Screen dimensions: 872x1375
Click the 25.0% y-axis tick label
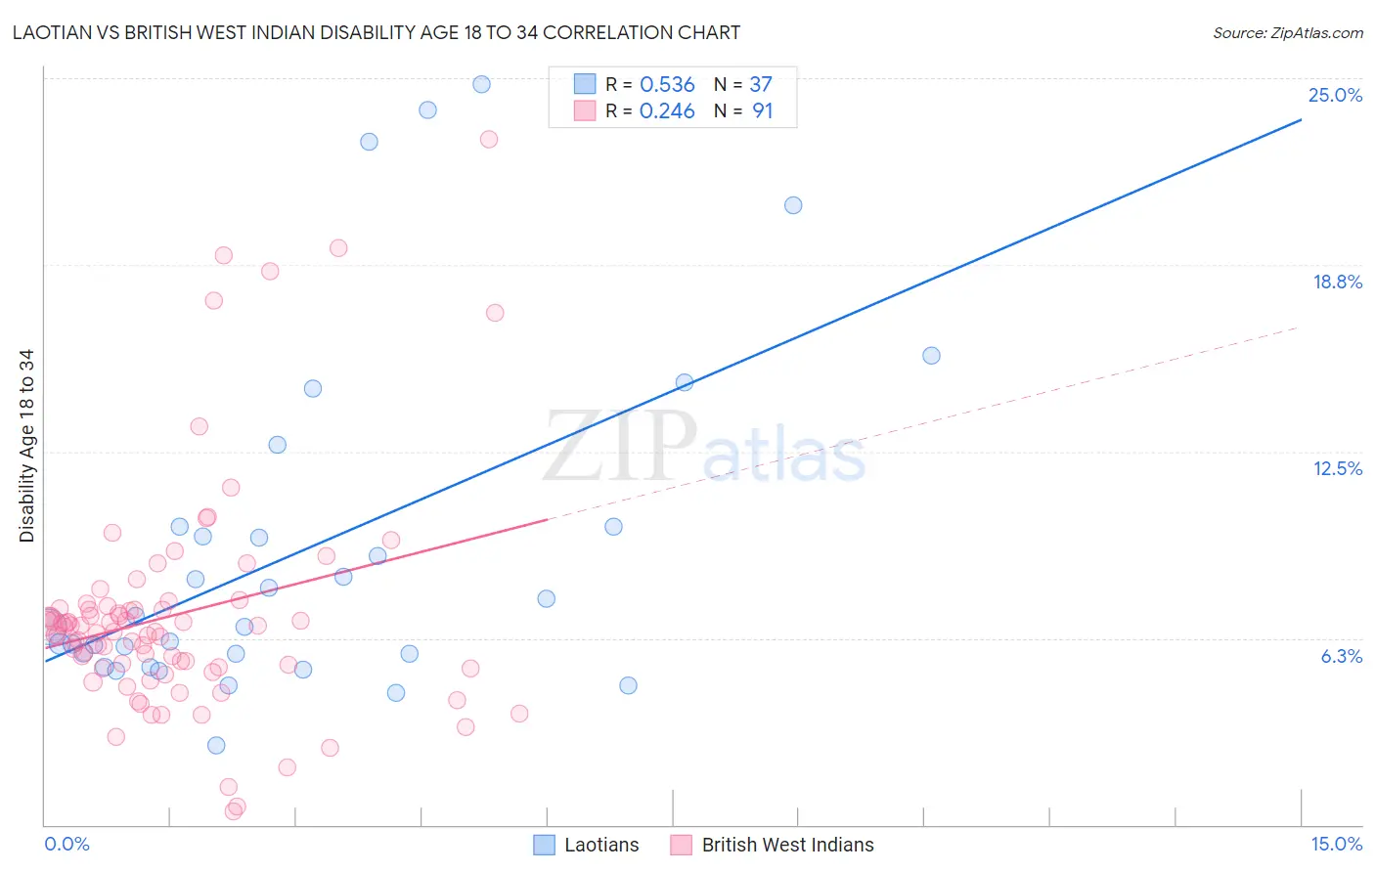1335,95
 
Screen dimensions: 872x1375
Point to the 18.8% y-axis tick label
1337,282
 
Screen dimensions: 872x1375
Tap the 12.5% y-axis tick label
1337,468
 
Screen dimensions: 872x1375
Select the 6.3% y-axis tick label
1341,656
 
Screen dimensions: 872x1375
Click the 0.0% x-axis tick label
67,844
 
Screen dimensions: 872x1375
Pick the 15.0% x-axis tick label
1336,844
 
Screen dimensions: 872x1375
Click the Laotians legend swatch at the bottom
545,845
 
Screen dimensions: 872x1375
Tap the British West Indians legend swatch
682,845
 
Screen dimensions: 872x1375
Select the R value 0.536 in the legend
667,85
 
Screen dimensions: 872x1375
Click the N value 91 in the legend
763,111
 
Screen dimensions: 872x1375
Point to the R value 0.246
667,111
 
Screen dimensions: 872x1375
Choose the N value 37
761,85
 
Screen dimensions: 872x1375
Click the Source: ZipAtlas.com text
1287,33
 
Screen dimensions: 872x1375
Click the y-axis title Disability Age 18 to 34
26,446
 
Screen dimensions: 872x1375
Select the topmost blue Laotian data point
481,84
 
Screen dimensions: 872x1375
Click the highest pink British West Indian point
489,139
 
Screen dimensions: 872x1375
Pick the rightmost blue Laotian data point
931,356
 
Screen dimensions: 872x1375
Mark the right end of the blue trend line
1301,119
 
